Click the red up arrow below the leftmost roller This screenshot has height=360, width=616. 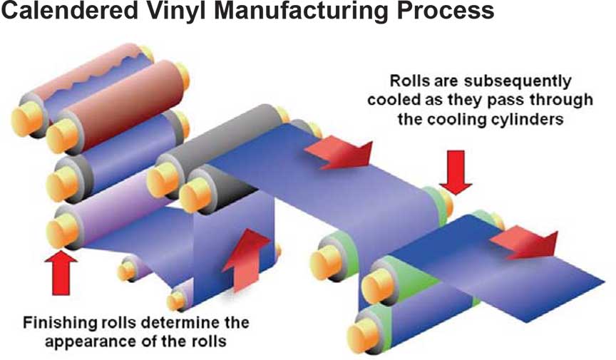tap(60, 272)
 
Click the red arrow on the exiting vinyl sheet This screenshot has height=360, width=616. tap(525, 243)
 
